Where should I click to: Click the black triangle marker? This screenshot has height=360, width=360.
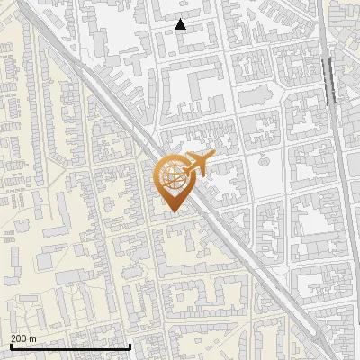[x=181, y=24]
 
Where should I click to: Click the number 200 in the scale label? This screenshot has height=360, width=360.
[x=19, y=338]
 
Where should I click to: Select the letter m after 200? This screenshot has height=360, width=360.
[x=32, y=338]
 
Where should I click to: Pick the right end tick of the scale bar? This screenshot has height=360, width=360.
[x=130, y=346]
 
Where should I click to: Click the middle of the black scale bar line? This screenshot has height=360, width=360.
[x=69, y=346]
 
